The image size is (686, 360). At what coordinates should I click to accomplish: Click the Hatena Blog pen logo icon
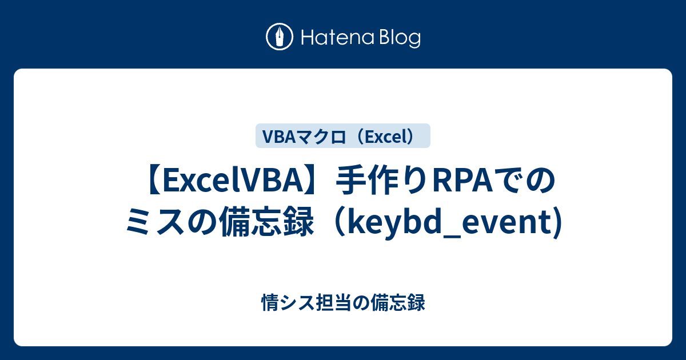click(x=280, y=38)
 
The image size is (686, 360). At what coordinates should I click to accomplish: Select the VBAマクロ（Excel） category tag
click(x=342, y=136)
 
